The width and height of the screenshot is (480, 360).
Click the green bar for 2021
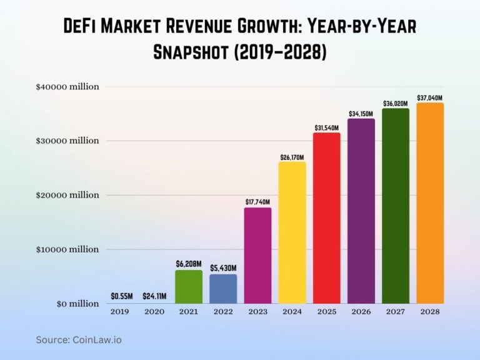click(x=189, y=287)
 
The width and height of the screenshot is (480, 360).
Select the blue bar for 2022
click(x=223, y=289)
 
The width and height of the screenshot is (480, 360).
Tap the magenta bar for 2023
click(x=257, y=256)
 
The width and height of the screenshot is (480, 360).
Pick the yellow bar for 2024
click(x=292, y=232)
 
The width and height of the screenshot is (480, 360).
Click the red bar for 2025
click(x=327, y=218)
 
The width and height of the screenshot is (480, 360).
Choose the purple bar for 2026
click(x=361, y=211)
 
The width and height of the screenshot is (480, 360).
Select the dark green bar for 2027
click(x=396, y=206)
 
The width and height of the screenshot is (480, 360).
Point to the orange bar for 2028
click(x=430, y=203)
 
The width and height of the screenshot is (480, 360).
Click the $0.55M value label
click(x=120, y=296)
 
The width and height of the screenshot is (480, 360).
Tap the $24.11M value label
click(x=154, y=296)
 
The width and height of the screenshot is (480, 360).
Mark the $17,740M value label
click(x=257, y=201)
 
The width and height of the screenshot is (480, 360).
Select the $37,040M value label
click(x=430, y=97)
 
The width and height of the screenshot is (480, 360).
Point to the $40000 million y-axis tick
click(x=67, y=87)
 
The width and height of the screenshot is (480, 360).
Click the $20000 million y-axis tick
click(x=67, y=195)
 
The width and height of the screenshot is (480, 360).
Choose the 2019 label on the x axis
click(x=120, y=311)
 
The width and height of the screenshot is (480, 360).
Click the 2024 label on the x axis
click(x=292, y=311)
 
